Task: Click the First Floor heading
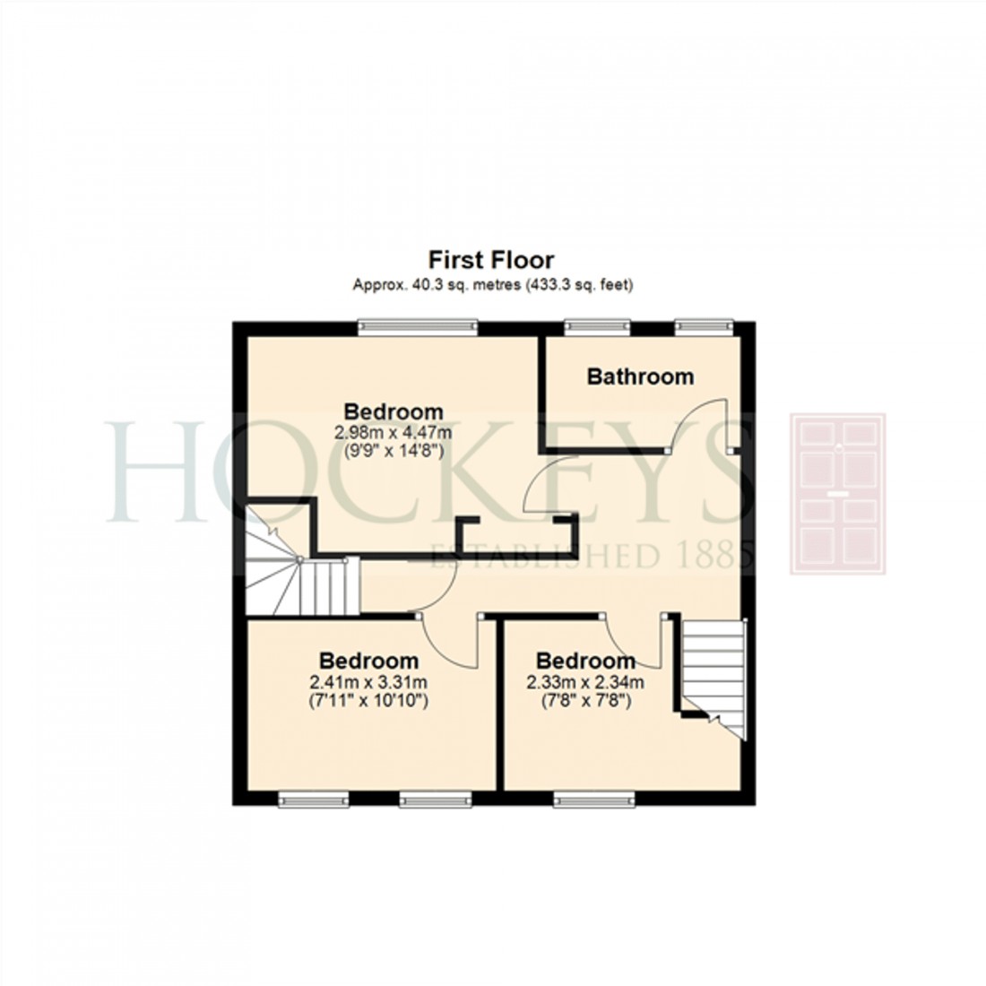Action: [491, 260]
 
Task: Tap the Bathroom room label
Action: [640, 376]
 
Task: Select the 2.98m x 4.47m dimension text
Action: [394, 433]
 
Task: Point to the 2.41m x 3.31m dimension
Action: [368, 681]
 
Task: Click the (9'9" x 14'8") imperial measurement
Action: [394, 452]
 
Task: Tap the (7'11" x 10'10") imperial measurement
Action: [368, 700]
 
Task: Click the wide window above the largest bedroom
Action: [418, 328]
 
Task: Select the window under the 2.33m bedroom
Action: [595, 799]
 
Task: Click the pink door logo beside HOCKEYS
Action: [837, 494]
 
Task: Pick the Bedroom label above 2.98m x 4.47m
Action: [394, 412]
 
